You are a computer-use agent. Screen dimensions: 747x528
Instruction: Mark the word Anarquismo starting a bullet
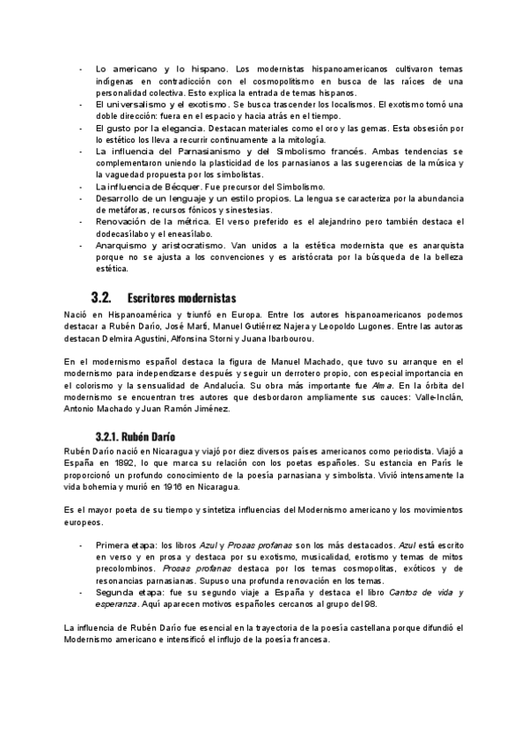point(122,247)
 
